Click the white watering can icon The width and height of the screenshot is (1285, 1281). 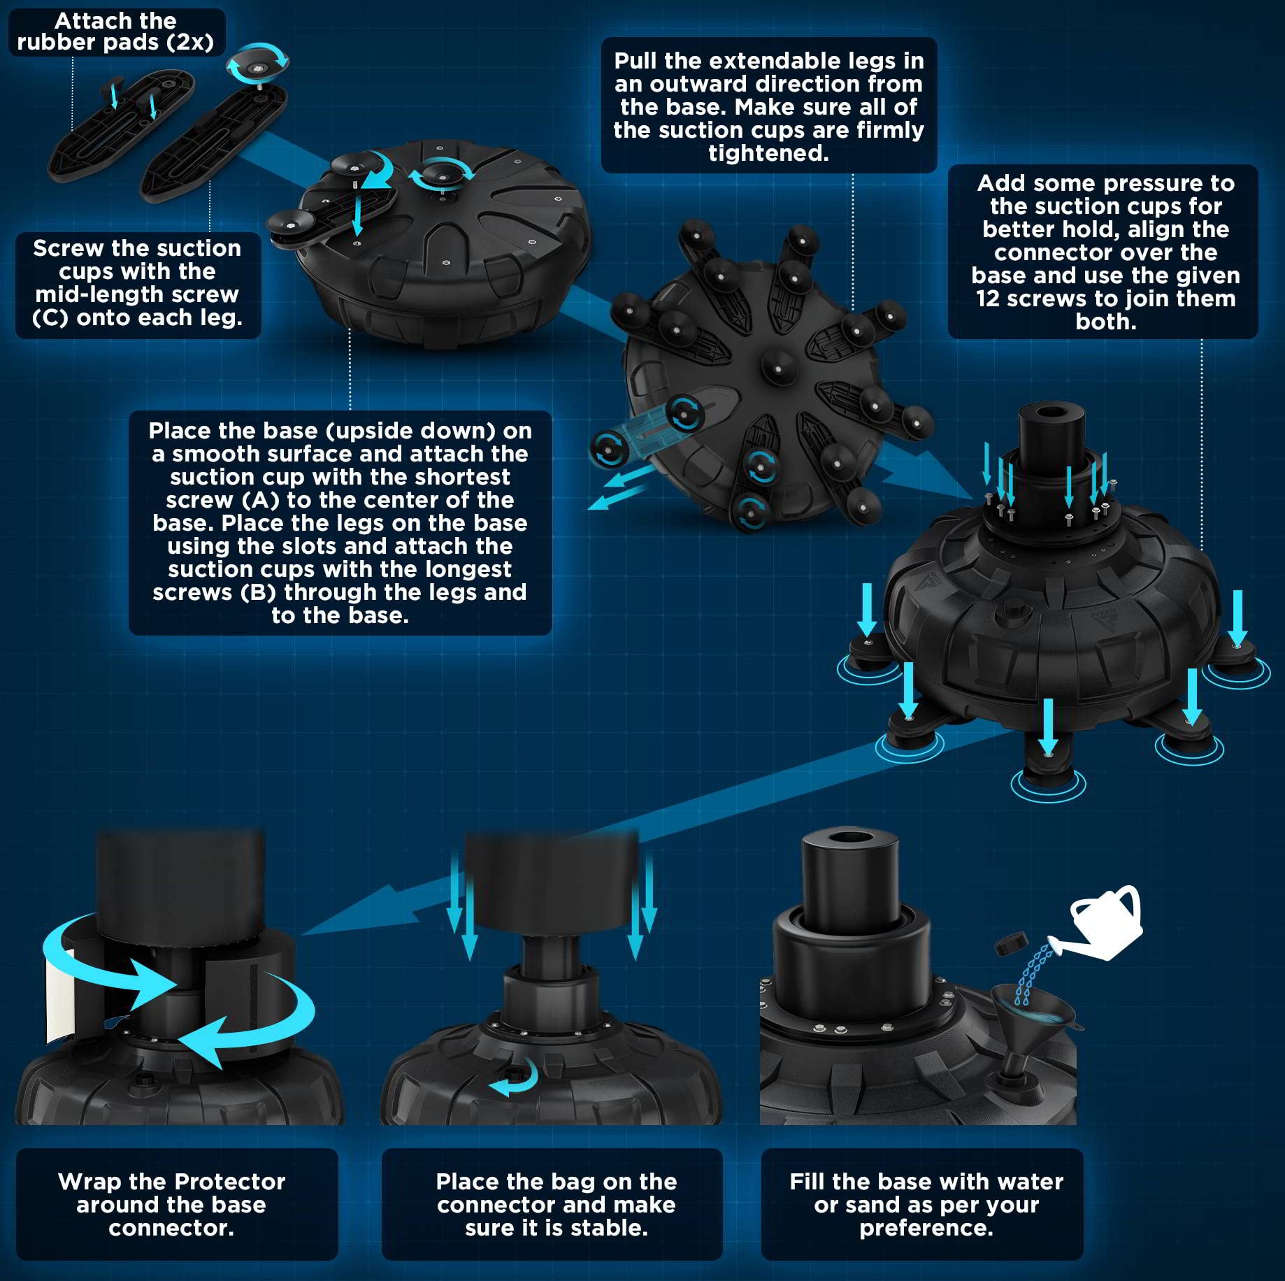click(x=1105, y=922)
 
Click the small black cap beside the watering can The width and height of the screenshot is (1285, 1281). click(x=1010, y=944)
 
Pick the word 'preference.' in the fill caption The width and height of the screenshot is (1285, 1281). click(x=926, y=1228)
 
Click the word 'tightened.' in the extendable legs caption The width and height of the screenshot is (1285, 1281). click(x=768, y=153)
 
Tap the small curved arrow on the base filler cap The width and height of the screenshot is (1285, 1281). click(x=514, y=1078)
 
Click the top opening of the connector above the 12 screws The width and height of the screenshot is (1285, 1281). click(x=1051, y=411)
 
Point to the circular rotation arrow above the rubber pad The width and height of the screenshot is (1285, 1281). click(x=257, y=64)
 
